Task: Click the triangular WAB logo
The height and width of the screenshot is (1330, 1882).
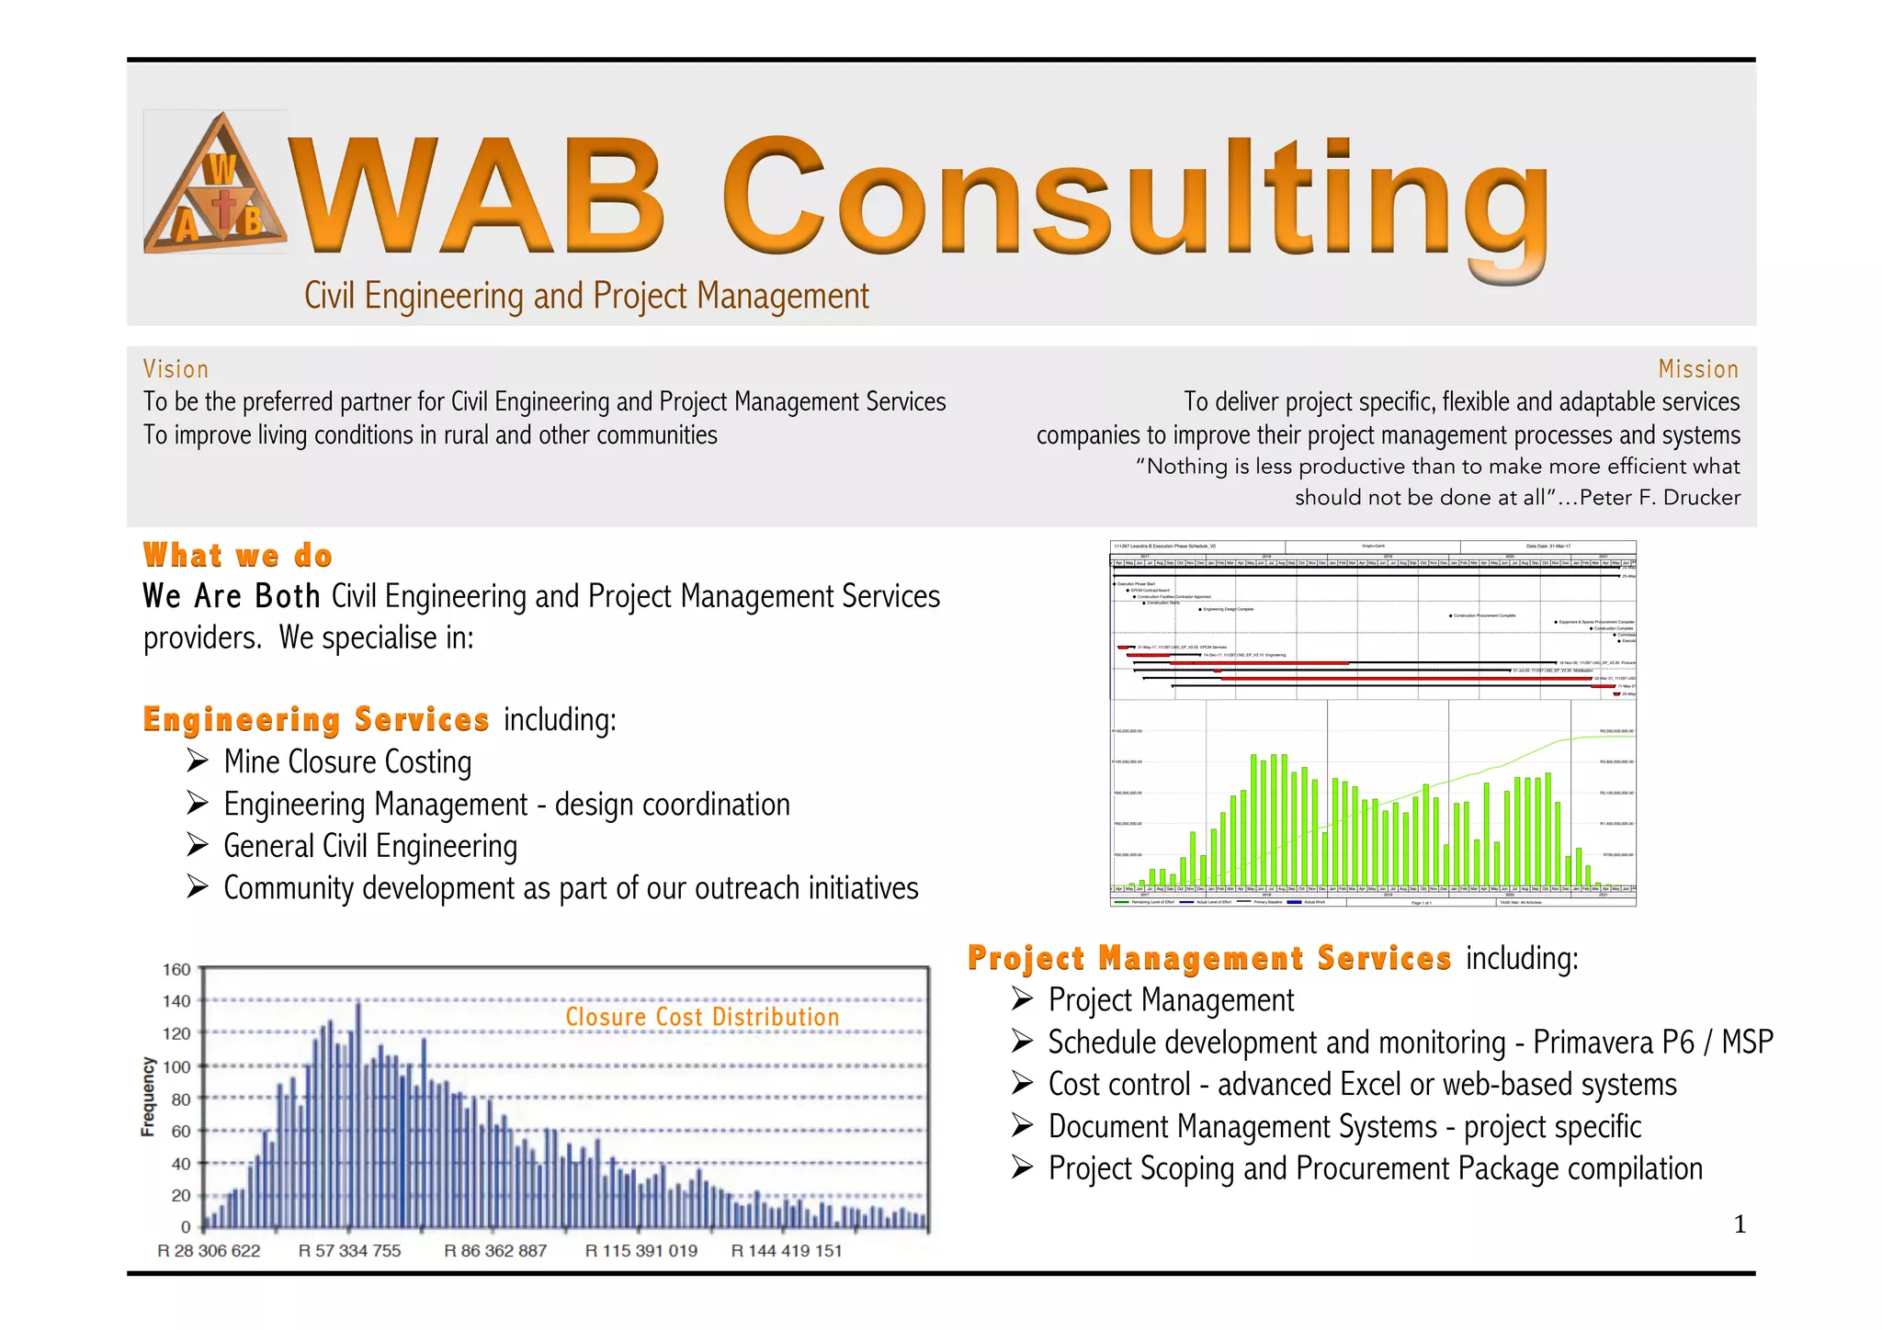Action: click(215, 184)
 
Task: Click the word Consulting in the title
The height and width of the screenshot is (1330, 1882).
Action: click(1136, 197)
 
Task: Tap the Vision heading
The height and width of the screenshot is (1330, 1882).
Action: click(176, 369)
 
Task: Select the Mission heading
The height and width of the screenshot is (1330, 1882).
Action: click(1698, 369)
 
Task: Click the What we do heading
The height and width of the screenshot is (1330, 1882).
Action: click(238, 556)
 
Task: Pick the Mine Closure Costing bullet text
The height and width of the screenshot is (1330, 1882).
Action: click(347, 762)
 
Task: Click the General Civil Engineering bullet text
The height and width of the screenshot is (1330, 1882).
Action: click(370, 846)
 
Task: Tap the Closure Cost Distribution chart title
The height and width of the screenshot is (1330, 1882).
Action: click(702, 1017)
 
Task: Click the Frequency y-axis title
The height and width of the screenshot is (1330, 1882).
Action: click(148, 1097)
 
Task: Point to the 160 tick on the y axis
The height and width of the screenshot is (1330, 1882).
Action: click(176, 970)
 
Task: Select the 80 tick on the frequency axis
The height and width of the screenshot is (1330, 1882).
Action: click(181, 1099)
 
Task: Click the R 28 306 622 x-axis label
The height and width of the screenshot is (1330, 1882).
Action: click(209, 1251)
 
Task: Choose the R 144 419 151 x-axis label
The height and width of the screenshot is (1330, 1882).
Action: click(786, 1251)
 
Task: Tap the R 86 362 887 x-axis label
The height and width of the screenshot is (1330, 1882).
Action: click(495, 1251)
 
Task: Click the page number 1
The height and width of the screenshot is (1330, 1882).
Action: click(1739, 1224)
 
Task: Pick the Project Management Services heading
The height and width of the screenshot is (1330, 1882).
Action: click(1209, 958)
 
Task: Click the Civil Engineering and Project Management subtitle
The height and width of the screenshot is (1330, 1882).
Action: click(586, 296)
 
